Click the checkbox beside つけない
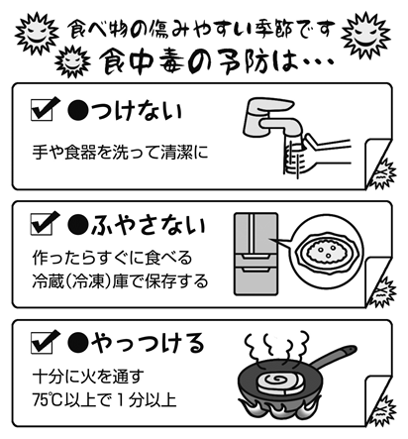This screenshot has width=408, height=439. pos(42,111)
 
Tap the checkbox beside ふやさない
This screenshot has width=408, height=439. pos(42,225)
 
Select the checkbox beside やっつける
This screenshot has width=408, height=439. pos(42,343)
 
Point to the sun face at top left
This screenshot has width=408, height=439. pos(37,33)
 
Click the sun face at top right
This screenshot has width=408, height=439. pos(365,35)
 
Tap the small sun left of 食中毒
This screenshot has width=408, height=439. pos(72,61)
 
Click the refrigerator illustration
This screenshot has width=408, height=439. pos(256,254)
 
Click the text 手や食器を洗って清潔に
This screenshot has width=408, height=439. pos(120,153)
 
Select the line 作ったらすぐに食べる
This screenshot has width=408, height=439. pos(112,258)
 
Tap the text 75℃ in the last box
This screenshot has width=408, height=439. pos(48,400)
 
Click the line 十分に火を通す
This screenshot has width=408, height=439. pos(88,377)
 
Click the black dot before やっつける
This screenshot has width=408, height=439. pos(78,343)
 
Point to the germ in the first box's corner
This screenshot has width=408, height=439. pos(383,174)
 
